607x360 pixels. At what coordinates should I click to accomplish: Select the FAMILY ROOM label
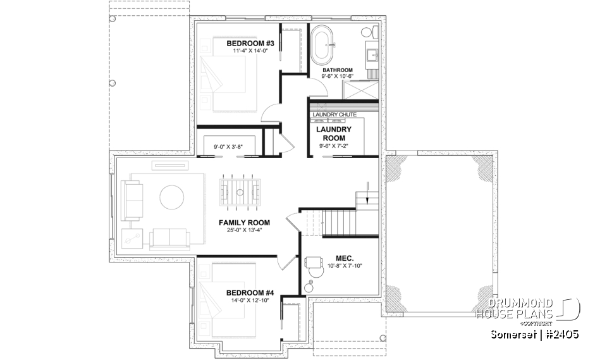point(244,223)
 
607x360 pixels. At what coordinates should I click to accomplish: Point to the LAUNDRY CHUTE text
point(334,115)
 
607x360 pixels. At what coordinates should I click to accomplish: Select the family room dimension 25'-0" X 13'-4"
point(244,231)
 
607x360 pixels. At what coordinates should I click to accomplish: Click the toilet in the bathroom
point(368,32)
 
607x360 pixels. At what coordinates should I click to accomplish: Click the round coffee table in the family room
point(173,197)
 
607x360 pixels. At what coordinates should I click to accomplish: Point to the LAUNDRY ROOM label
point(334,133)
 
